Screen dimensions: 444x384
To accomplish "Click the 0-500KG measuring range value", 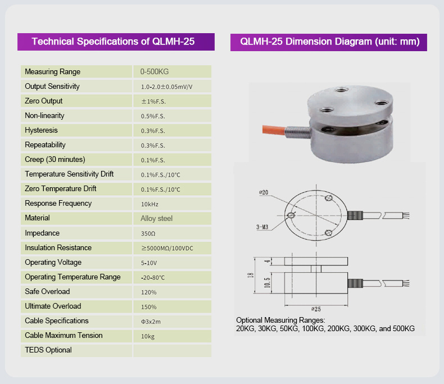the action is coord(155,71).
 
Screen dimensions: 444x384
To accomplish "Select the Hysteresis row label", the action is coord(42,130).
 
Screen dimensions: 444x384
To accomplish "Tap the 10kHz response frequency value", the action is coord(149,204).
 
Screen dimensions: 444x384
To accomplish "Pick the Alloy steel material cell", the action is coord(156,218).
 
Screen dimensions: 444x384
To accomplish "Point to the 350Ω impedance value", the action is coord(148,234).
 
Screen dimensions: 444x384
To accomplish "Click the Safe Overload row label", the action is coord(47,291).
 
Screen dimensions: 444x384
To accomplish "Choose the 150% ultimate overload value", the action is coord(149,307).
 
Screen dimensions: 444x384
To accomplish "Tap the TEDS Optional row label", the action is coord(48,350).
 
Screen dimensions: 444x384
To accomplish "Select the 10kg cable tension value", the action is coord(148,336).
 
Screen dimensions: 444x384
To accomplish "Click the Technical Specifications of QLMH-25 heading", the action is coord(113,42).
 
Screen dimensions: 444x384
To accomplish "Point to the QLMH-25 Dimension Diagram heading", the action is coord(330,42).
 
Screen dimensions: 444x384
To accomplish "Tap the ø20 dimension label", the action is coord(264,193).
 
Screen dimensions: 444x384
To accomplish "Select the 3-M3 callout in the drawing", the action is coord(262,227).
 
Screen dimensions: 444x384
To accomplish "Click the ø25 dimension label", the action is coord(316,309).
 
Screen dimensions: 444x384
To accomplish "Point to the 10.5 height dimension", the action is coord(267,283).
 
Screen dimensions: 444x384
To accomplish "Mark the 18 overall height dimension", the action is coord(251,275).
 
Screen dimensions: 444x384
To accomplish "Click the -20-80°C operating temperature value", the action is coord(153,278).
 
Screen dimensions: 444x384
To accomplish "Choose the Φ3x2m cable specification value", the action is coord(151,322).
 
